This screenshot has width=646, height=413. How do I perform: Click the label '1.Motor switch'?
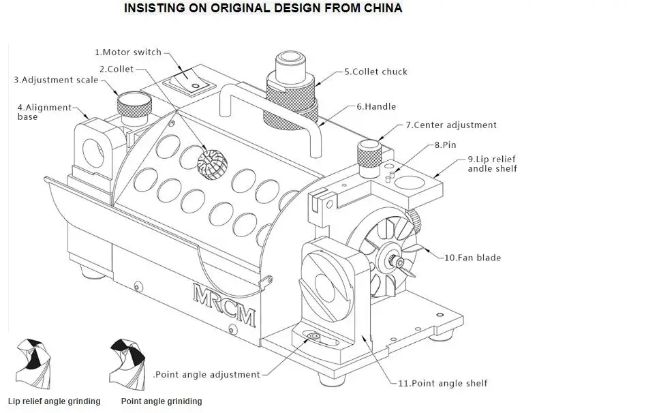128,52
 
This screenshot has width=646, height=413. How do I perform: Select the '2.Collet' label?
117,70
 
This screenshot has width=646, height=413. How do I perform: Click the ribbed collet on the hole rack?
212,164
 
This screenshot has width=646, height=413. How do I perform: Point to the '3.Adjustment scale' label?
56,80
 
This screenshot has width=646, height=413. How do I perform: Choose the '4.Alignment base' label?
44,112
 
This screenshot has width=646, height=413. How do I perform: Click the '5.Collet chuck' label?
375,72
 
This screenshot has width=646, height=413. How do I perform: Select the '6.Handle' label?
376,107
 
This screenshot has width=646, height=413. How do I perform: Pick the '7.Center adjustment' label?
451,125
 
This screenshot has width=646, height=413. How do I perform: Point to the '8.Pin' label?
446,145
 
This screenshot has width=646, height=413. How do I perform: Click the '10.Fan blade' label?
472,258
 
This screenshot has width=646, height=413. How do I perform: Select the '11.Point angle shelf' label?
443,383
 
